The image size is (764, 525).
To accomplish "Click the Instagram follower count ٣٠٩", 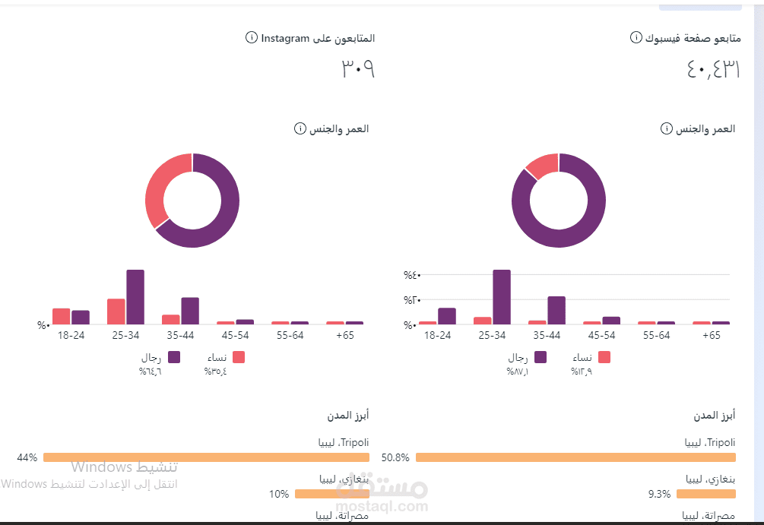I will tap(357, 69).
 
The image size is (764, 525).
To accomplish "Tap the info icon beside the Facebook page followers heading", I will tap(636, 38).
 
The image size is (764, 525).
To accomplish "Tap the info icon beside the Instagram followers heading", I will tap(252, 38).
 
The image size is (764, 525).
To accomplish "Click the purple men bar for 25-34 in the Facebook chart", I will tap(502, 297).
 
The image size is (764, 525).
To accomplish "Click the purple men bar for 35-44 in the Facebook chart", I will tap(556, 310).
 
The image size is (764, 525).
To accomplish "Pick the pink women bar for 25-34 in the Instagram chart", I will tap(116, 312).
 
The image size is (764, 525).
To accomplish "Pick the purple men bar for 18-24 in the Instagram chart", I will tap(81, 317).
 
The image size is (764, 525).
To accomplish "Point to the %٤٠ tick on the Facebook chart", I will tap(412, 275).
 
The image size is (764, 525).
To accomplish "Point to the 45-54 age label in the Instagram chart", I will tap(235, 335).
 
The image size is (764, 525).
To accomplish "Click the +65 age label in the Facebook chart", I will tap(712, 335).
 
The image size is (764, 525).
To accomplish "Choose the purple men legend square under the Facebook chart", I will tap(541, 357).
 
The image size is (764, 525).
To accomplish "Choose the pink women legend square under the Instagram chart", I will tap(239, 357).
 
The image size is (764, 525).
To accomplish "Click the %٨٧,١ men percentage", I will tap(518, 372).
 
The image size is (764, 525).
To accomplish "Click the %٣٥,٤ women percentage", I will tap(215, 372).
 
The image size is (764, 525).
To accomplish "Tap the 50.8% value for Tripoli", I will tap(395, 457).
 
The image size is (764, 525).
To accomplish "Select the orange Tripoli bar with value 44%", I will tap(206, 457).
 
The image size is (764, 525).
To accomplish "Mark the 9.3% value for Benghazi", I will tap(659, 494).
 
